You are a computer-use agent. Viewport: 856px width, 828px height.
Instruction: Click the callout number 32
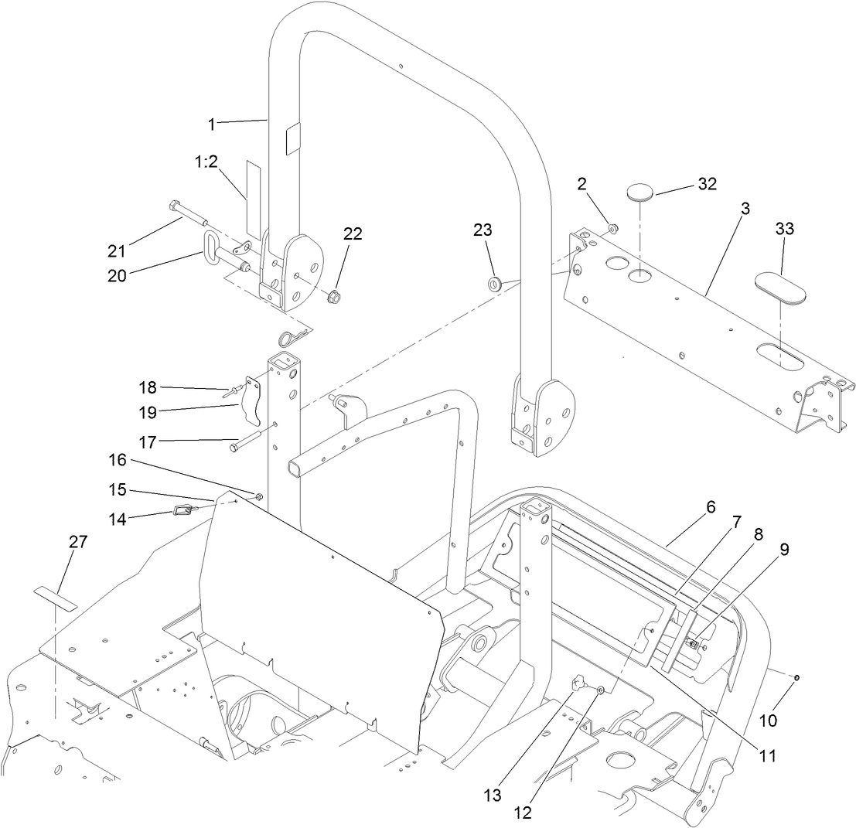tap(707, 184)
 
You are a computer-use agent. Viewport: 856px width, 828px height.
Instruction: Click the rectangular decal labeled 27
tap(56, 598)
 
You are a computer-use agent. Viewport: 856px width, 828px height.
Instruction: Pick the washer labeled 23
tap(494, 282)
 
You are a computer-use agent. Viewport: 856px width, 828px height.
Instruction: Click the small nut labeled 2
tap(611, 228)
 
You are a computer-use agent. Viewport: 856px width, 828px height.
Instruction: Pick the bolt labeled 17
tap(239, 447)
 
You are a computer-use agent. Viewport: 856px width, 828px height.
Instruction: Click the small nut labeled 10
tap(796, 677)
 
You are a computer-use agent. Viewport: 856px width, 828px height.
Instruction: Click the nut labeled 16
tap(258, 496)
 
